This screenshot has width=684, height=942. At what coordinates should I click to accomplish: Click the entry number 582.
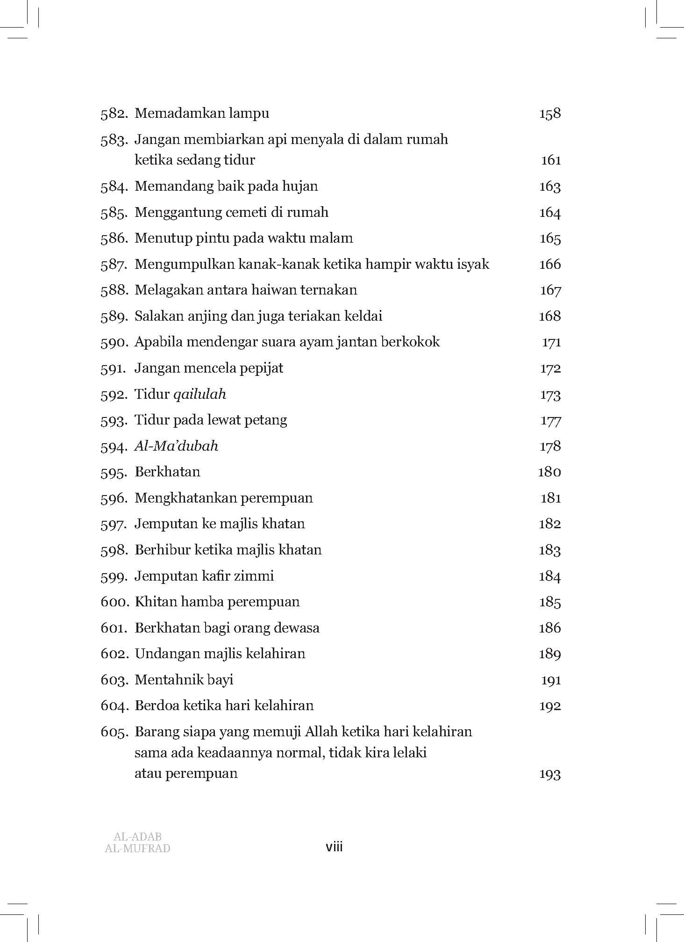[114, 114]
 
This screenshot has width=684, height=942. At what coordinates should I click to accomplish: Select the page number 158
[549, 114]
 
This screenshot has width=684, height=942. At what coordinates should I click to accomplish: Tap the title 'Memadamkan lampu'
[201, 114]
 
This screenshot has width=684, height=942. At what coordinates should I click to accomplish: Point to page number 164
[549, 213]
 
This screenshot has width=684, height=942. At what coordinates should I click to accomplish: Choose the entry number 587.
[114, 265]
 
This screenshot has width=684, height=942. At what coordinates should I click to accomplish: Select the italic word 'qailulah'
[199, 395]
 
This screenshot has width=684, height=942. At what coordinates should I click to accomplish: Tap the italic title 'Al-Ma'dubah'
[176, 446]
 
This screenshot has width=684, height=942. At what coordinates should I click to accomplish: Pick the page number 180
[549, 472]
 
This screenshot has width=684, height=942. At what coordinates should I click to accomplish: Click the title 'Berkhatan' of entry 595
[167, 472]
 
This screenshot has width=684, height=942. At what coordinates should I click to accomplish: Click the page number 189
[549, 654]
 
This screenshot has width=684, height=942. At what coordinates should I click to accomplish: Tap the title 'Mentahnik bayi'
[184, 680]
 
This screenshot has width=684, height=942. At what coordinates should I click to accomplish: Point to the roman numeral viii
[334, 847]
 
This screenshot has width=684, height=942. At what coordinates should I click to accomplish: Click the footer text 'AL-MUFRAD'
[138, 848]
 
